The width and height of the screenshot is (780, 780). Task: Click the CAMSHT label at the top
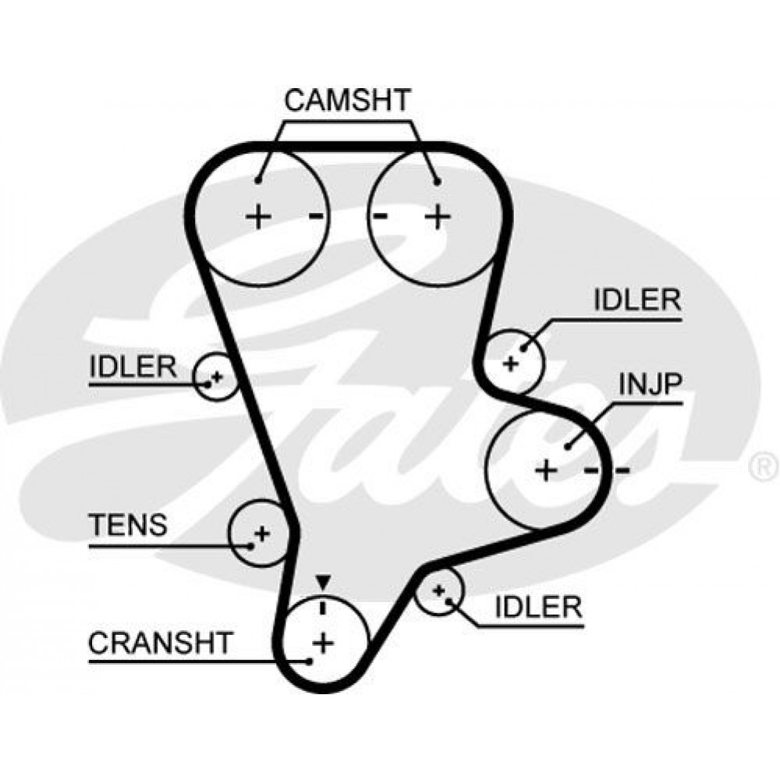[347, 101]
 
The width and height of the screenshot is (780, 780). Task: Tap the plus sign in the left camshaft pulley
[257, 215]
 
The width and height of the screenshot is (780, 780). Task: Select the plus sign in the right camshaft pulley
[438, 215]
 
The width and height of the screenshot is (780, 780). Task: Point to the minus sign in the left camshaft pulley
[315, 215]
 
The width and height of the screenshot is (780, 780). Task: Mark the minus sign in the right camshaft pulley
[381, 215]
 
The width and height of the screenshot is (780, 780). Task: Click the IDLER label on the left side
[133, 367]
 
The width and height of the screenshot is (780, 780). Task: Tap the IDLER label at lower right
[538, 607]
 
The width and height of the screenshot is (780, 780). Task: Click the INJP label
[651, 385]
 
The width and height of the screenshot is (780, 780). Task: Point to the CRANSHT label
[161, 643]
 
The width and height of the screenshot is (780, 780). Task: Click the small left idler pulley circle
[214, 377]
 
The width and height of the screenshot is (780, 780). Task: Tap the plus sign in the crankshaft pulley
[322, 643]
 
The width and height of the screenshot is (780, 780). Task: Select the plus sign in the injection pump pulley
[547, 470]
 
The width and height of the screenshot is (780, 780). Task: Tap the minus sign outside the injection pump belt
[622, 470]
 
